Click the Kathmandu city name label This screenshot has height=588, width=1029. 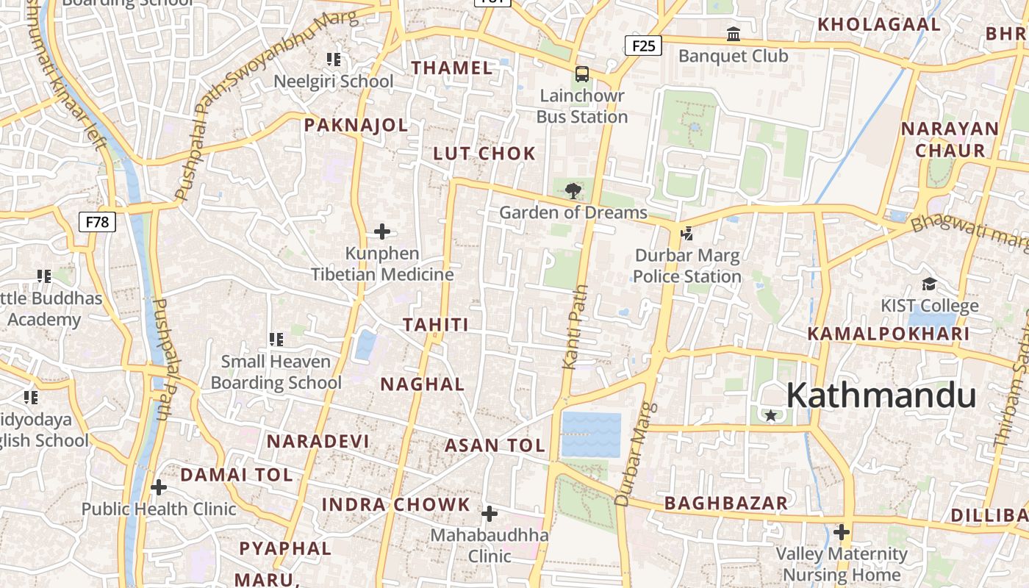click(x=881, y=395)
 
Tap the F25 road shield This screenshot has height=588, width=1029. click(x=643, y=46)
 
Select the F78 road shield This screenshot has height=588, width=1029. click(x=97, y=221)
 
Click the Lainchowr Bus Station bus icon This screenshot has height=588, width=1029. click(x=581, y=74)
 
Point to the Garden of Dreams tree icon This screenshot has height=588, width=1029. click(x=573, y=192)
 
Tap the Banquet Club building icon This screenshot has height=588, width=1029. click(x=733, y=34)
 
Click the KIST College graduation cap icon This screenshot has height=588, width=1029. click(x=929, y=284)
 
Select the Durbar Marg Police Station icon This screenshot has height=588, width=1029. click(x=686, y=234)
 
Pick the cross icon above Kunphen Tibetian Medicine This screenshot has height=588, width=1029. click(x=382, y=232)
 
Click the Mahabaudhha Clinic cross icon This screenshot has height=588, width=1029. click(x=490, y=513)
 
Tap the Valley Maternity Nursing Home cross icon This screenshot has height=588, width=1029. click(x=842, y=531)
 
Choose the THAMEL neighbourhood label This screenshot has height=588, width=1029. click(x=452, y=68)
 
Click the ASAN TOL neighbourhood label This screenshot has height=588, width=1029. click(x=495, y=445)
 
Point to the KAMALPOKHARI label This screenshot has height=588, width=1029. click(x=889, y=334)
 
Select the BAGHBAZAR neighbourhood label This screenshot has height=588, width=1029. click(x=725, y=503)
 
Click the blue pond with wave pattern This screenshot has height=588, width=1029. click(x=591, y=434)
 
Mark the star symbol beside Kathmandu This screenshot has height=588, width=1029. click(x=770, y=415)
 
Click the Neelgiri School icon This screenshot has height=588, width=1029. click(x=334, y=60)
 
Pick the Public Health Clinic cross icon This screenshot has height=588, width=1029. click(x=159, y=487)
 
